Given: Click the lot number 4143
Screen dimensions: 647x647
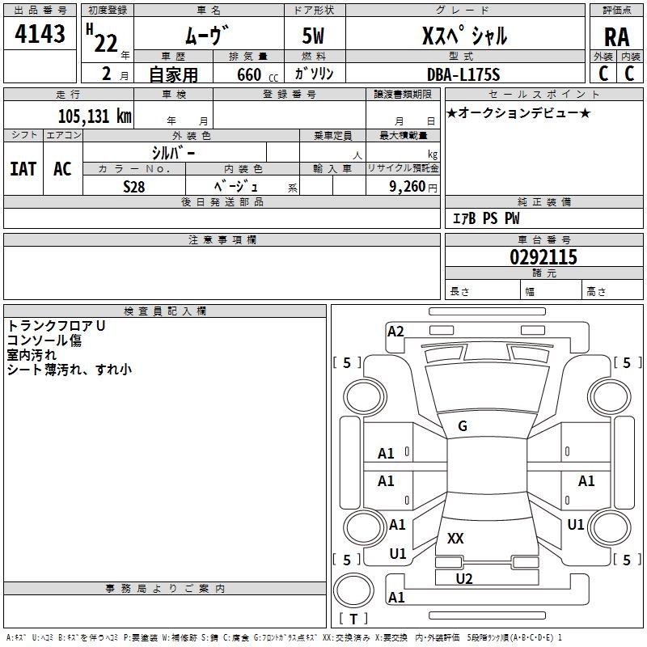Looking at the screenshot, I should click(40, 34).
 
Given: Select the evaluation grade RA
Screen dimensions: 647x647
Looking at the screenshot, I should click(616, 37).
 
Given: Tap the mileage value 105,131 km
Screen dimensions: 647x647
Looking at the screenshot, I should click(94, 116).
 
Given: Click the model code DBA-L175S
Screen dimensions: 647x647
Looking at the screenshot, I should click(464, 74).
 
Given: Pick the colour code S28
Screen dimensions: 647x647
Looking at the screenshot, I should click(134, 186).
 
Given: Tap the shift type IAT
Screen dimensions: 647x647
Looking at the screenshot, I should click(23, 169).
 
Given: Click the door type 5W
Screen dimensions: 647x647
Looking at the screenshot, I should click(315, 37).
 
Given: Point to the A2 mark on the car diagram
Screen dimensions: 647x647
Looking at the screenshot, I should click(395, 331).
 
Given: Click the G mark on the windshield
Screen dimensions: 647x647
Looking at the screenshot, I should click(463, 426).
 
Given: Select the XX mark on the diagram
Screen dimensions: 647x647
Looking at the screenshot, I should click(455, 538).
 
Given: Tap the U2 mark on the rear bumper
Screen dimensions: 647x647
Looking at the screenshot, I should click(464, 578).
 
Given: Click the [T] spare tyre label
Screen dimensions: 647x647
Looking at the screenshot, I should click(353, 620).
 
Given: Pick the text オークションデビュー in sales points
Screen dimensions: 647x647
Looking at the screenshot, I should click(518, 113).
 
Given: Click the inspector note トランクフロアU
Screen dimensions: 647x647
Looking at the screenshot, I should click(57, 326).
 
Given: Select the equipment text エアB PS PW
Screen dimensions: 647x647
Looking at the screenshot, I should click(485, 218).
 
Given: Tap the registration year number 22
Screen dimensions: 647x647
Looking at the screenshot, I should click(106, 43).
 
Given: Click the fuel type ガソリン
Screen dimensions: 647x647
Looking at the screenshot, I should click(315, 74).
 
